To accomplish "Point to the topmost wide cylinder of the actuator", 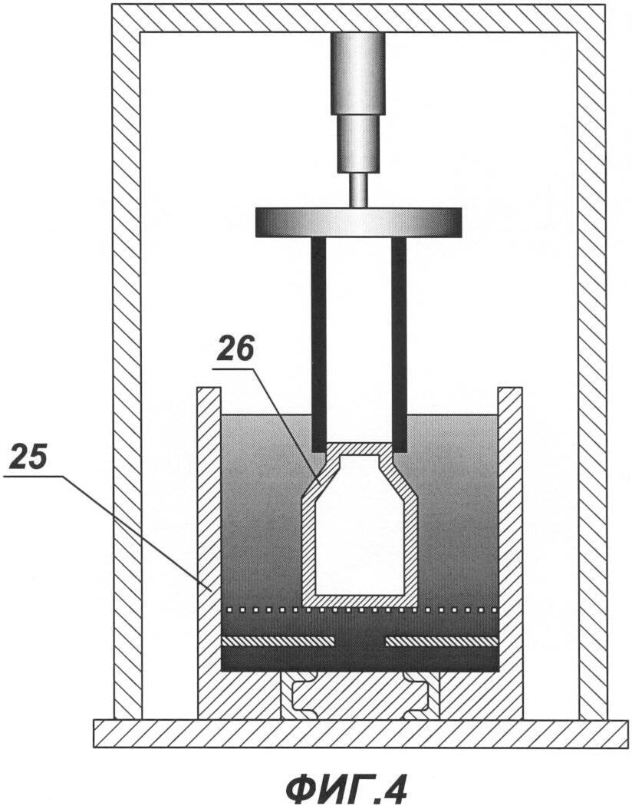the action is point(358,73).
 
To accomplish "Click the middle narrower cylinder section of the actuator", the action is point(358,143).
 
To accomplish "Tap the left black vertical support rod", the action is point(318,344).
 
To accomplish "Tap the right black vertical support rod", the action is point(399,344).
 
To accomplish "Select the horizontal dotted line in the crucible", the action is point(359,609).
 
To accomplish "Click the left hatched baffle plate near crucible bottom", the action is point(278,641).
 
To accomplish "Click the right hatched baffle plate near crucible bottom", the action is point(442,641).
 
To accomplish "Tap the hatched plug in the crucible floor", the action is point(360,695).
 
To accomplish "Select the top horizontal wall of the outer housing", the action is point(359,18).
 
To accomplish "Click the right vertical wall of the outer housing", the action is point(591,362).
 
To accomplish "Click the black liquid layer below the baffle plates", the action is point(360,659).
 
